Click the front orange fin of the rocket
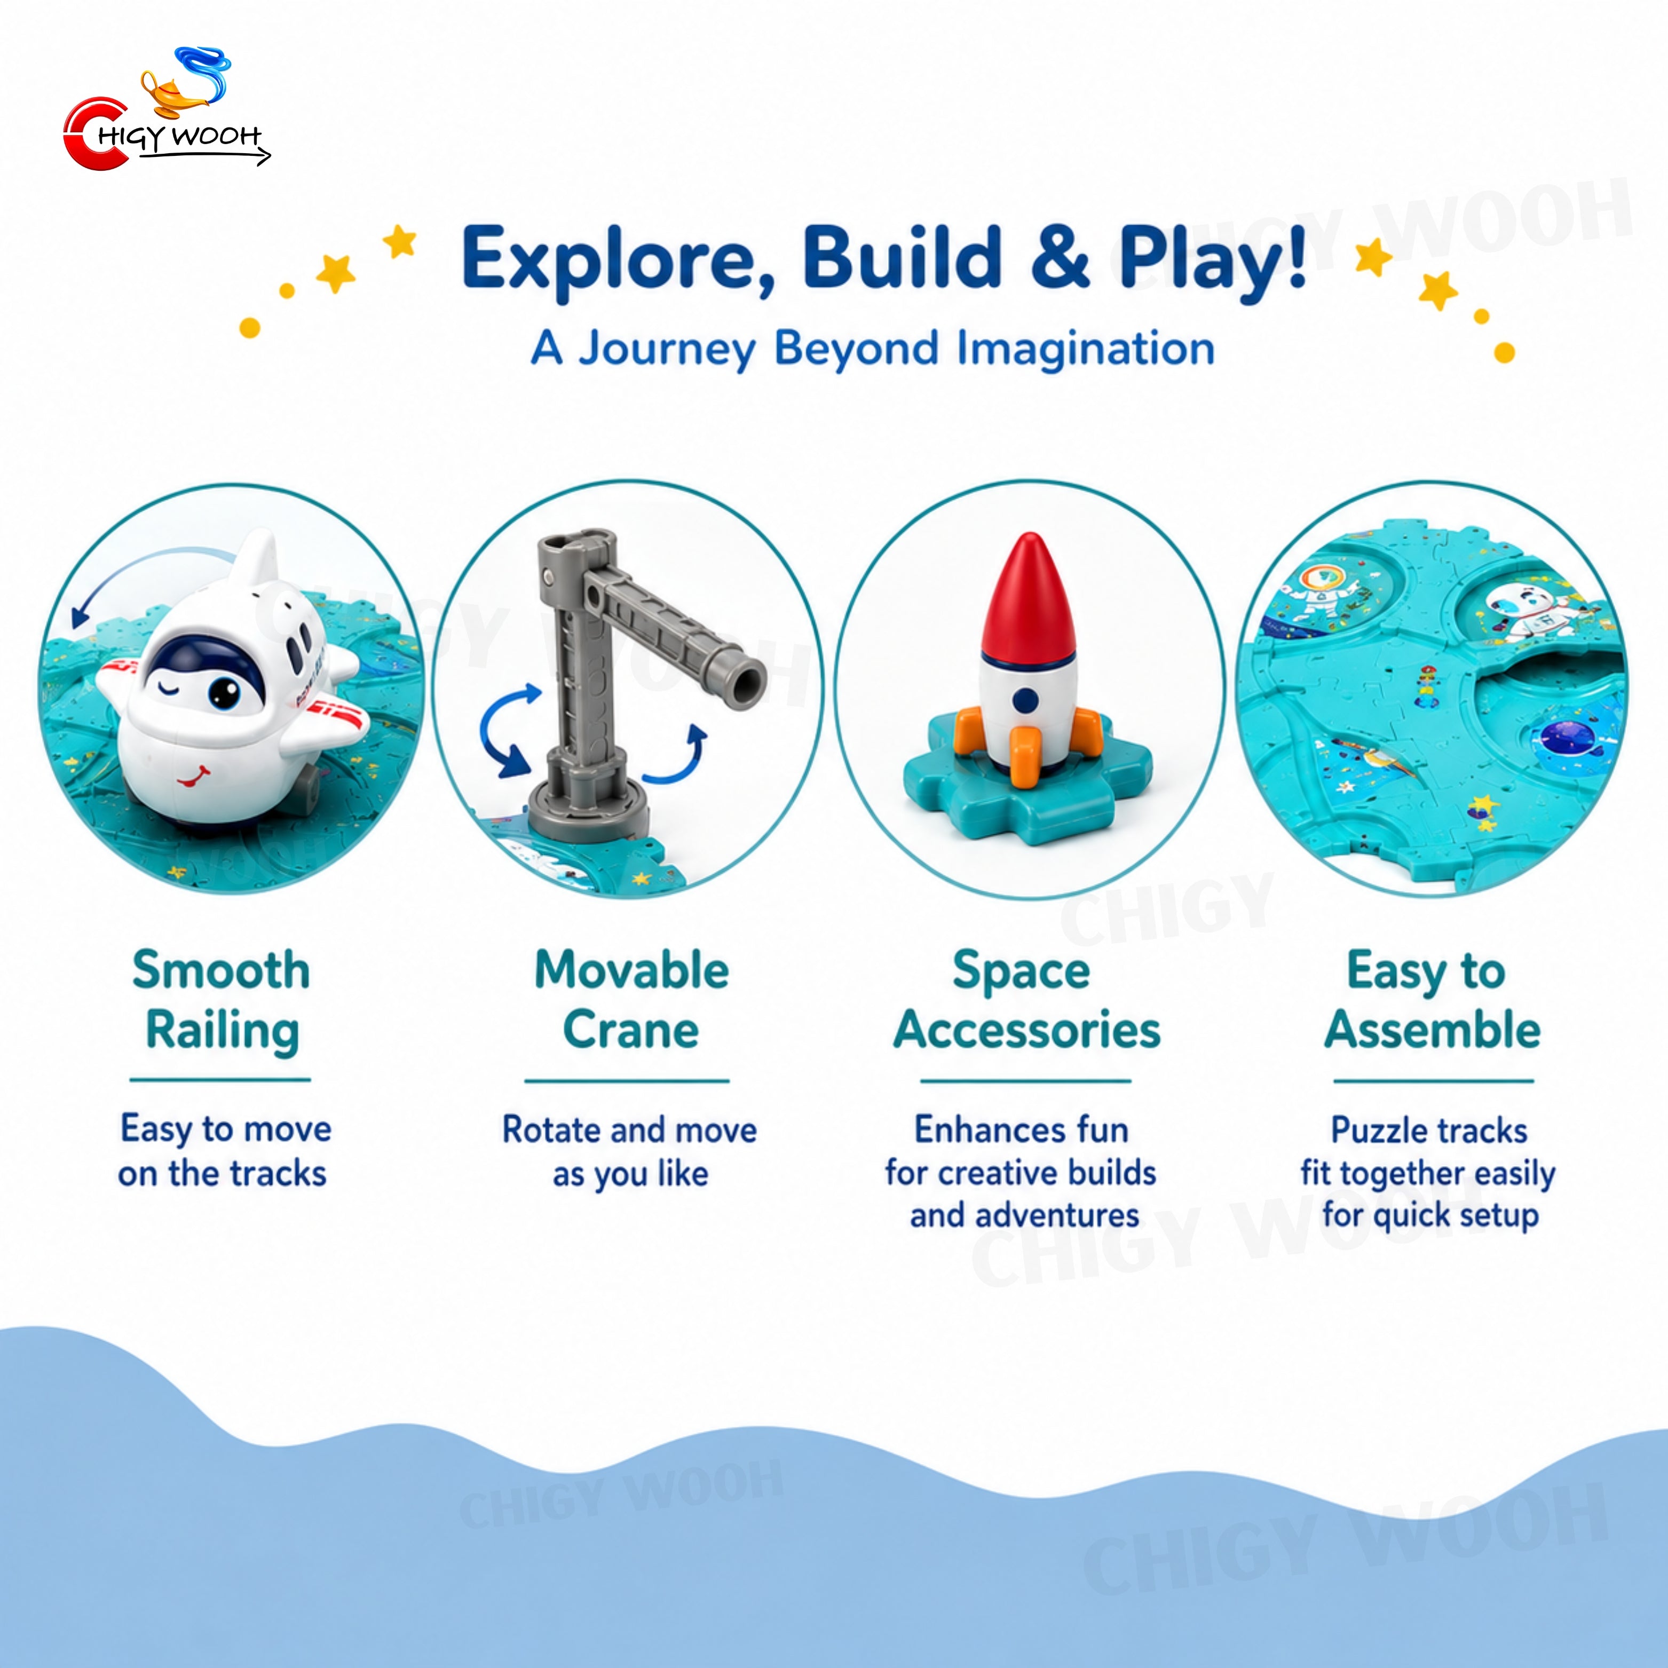(x=1026, y=755)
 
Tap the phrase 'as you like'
(x=630, y=1174)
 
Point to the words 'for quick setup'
(x=1430, y=1215)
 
